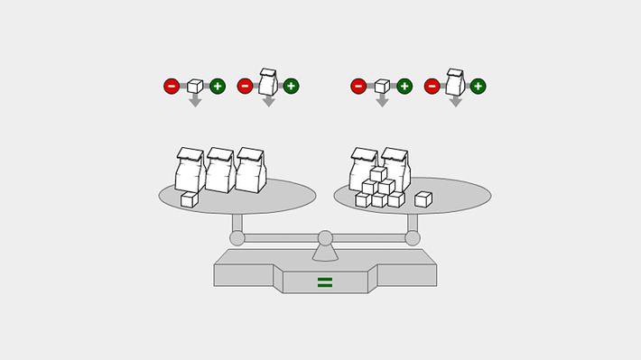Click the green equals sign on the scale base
(x=325, y=282)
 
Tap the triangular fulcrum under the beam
(x=325, y=253)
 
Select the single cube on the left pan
(x=189, y=199)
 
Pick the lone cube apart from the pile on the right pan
(x=423, y=199)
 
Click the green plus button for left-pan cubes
(x=218, y=87)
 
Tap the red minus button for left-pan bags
(x=245, y=87)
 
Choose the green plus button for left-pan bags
(x=291, y=87)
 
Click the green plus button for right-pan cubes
(x=404, y=87)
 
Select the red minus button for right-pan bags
(x=432, y=87)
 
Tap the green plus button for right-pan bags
(x=478, y=87)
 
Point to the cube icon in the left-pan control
(x=195, y=86)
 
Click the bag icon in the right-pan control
(x=455, y=82)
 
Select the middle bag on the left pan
(x=219, y=171)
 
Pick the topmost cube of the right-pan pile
(x=378, y=174)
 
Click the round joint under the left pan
(x=237, y=238)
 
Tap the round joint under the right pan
(x=413, y=238)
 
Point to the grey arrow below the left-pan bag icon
(x=268, y=101)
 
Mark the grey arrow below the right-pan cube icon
(x=382, y=101)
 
